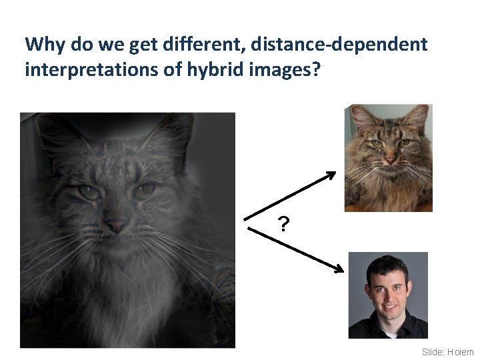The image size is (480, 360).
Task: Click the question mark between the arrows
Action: [284, 225]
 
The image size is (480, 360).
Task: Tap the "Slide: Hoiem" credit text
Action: [447, 351]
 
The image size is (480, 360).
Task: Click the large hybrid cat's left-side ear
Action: [50, 130]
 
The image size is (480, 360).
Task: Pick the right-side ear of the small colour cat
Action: [418, 117]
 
